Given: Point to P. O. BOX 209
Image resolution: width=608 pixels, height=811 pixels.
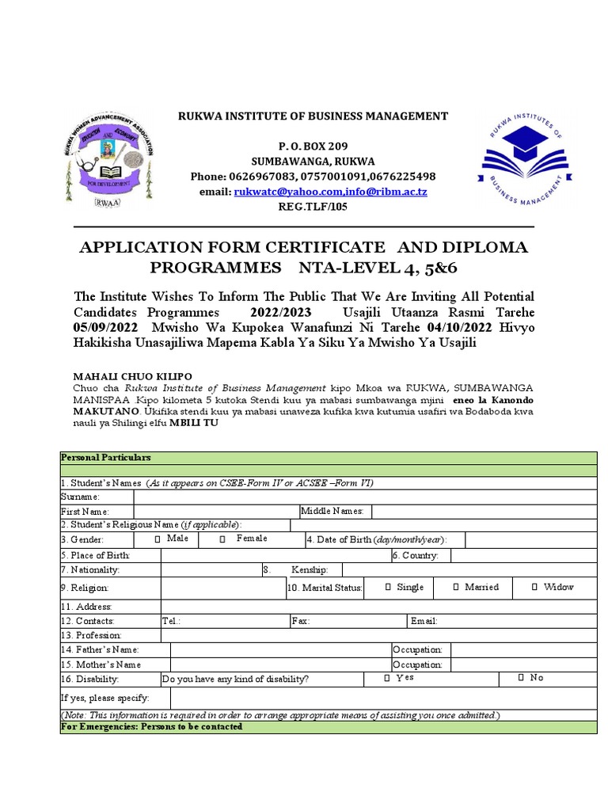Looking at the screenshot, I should (312, 147).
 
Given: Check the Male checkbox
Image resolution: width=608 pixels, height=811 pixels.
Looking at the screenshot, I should (158, 539).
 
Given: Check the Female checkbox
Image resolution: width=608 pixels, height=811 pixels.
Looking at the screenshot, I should (222, 539).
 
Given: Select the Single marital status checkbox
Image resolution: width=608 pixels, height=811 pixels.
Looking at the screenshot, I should (387, 588).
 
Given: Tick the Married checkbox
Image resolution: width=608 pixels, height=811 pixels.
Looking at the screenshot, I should (457, 588).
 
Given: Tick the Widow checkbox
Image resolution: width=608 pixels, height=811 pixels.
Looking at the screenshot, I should (535, 588).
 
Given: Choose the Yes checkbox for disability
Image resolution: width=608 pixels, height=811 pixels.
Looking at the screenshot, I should (386, 678).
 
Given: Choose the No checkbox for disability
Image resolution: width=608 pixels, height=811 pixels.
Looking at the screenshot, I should (521, 678).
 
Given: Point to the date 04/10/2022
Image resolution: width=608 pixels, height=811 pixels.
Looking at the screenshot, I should (457, 327).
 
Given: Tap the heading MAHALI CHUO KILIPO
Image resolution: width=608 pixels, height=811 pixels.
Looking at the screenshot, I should (133, 375).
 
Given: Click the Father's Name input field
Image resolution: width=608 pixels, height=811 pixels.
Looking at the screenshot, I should (280, 650).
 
